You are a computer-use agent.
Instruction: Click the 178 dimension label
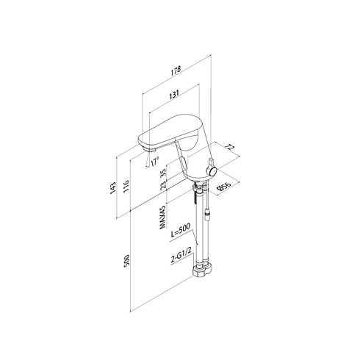176,71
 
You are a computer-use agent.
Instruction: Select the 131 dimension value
174,94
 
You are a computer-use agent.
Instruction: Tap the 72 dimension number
230,148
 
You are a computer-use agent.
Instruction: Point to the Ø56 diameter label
224,187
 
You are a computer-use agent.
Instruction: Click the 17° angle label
155,162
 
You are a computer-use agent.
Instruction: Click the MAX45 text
162,217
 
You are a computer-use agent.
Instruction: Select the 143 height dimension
112,189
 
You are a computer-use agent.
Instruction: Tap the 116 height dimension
126,186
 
